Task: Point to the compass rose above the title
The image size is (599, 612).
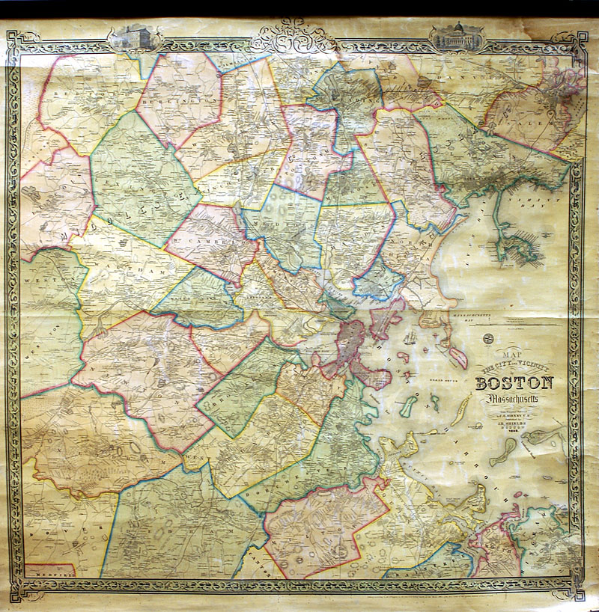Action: tap(488, 338)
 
